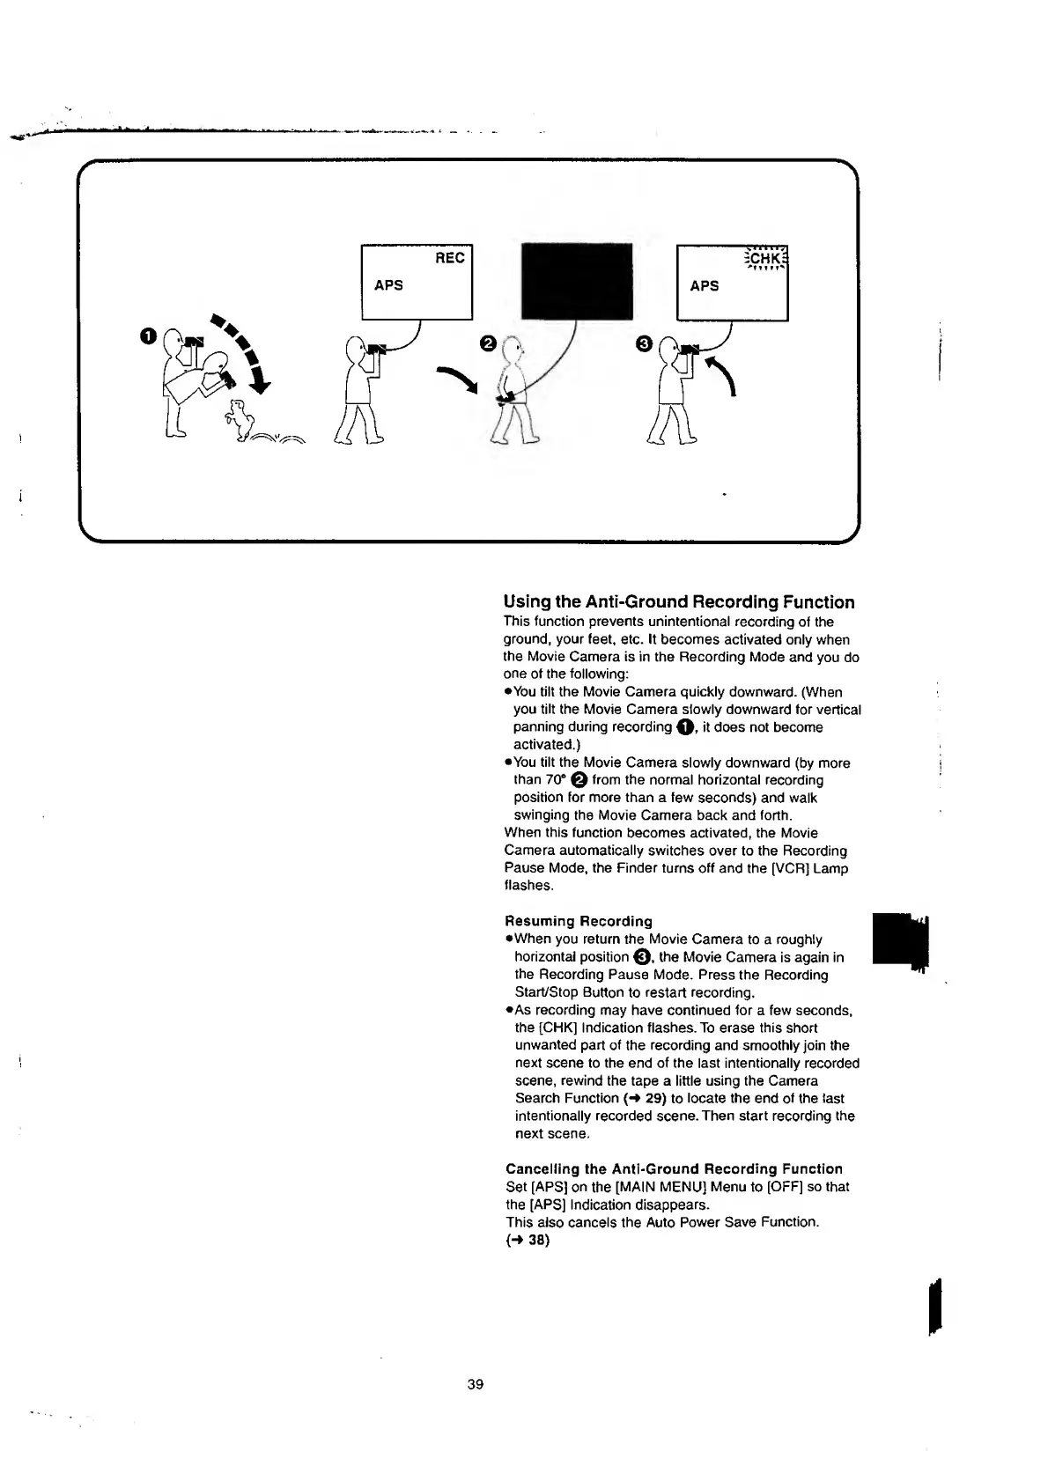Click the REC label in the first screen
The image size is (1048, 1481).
(x=449, y=258)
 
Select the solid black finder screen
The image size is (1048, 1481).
(x=578, y=280)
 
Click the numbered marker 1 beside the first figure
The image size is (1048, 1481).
(x=147, y=335)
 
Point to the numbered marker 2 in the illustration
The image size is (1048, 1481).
(x=485, y=342)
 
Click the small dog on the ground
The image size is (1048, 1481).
(x=238, y=419)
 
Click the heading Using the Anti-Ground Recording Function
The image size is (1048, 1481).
(x=678, y=602)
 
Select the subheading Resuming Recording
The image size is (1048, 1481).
(x=579, y=921)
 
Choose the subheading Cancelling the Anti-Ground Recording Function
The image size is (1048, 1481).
(x=674, y=1168)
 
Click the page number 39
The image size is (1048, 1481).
(x=476, y=1384)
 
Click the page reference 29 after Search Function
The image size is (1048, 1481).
(x=653, y=1098)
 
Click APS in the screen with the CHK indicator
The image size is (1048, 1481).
(x=705, y=285)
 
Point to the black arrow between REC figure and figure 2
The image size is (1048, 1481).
(x=459, y=379)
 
